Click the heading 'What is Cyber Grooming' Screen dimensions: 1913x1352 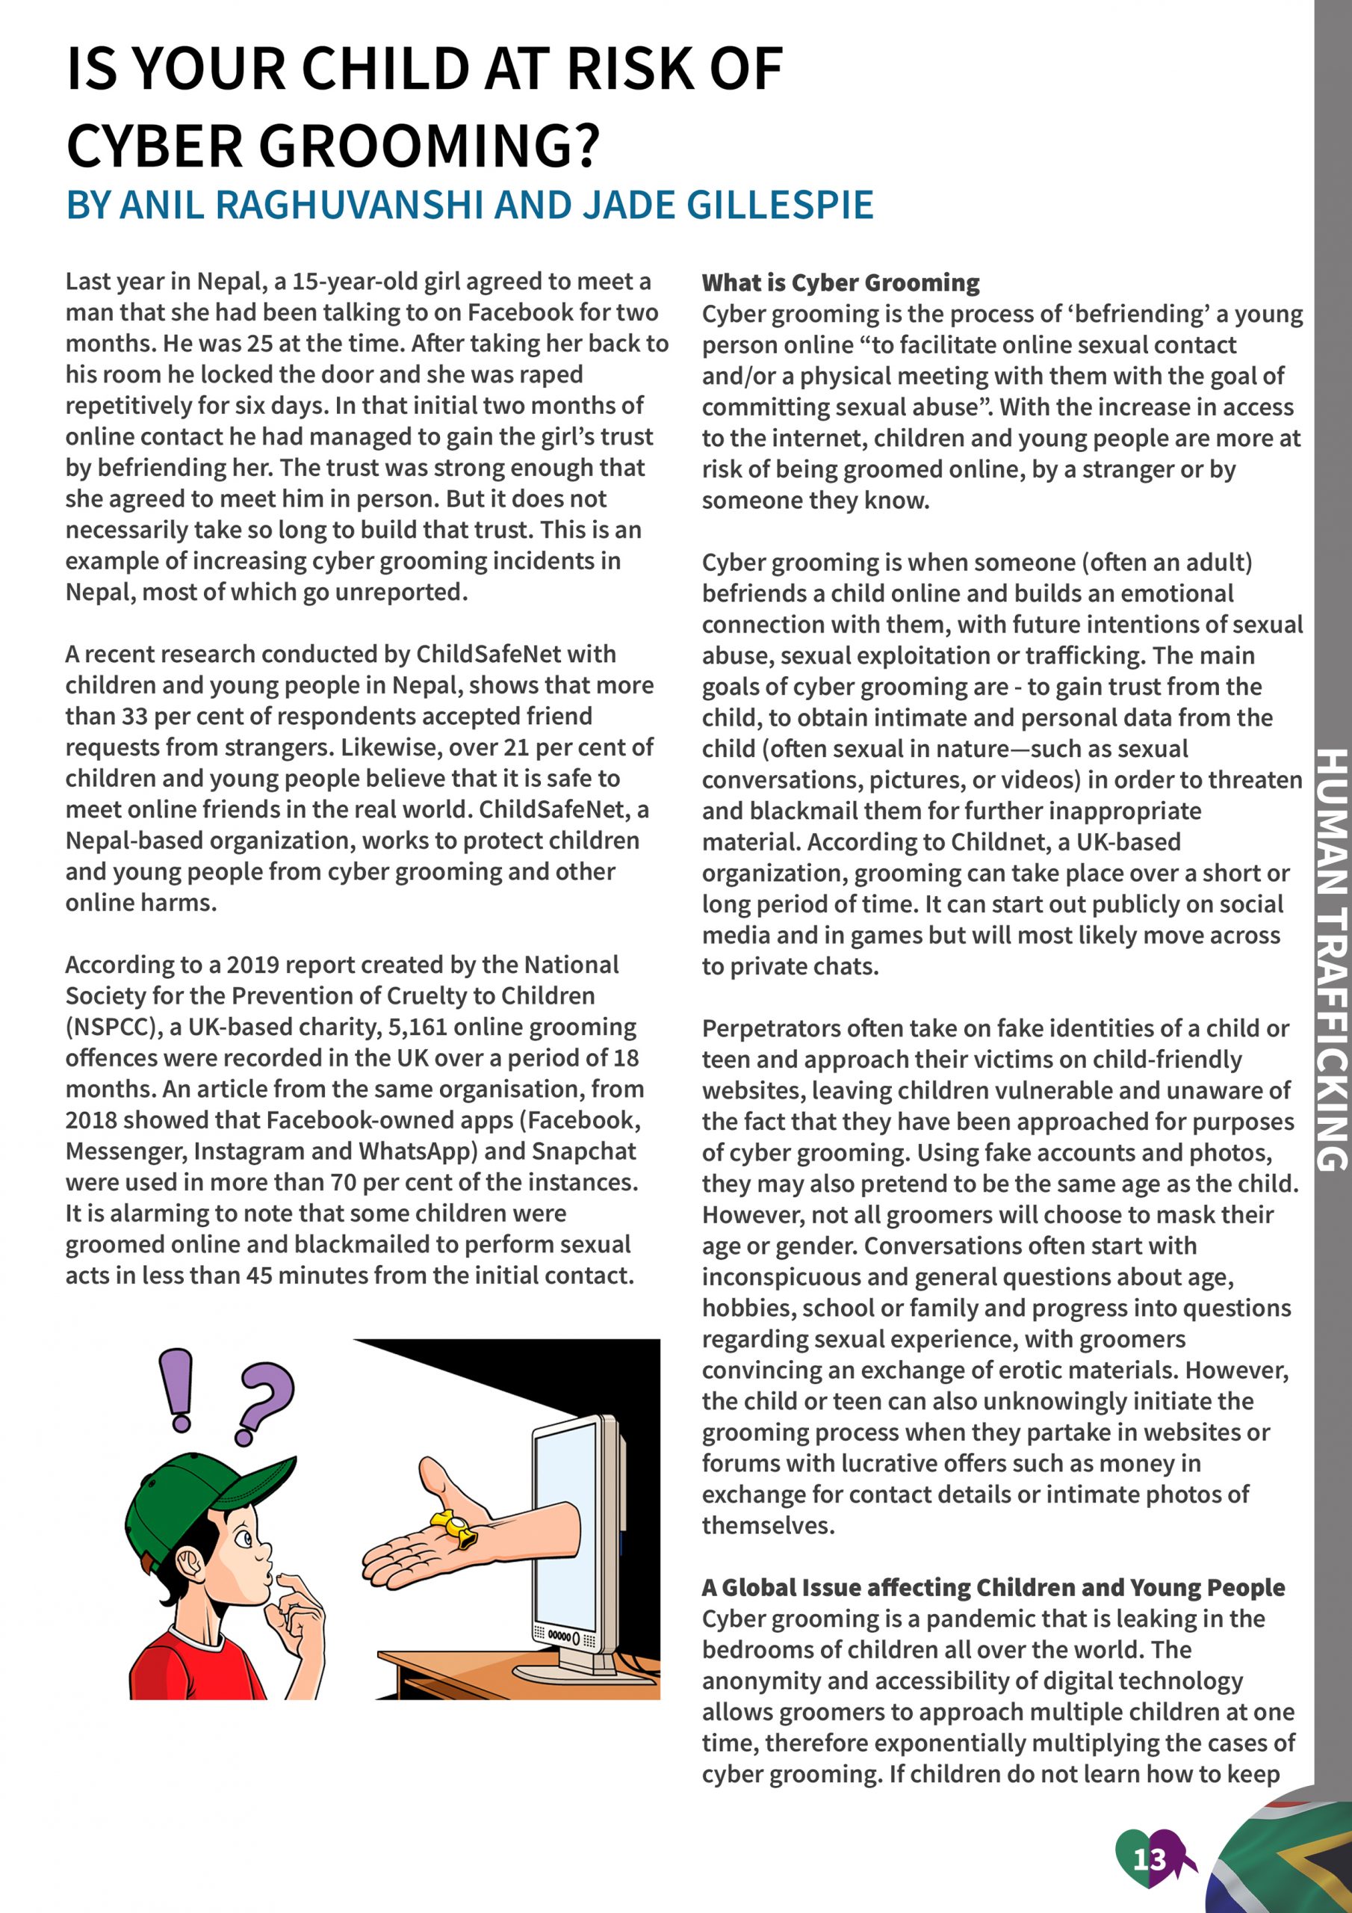(x=840, y=283)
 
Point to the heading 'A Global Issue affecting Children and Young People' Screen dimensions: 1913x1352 (x=992, y=1587)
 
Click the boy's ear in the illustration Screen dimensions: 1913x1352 (x=190, y=1563)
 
